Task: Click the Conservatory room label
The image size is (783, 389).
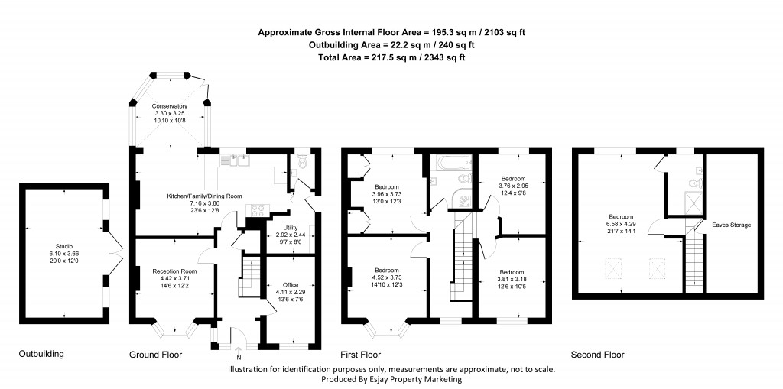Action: click(x=169, y=106)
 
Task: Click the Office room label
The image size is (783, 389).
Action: click(x=285, y=284)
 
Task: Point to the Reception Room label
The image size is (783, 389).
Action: click(x=174, y=271)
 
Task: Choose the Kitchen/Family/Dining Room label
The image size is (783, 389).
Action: click(x=204, y=196)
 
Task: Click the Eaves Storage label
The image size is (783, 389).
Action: click(x=731, y=225)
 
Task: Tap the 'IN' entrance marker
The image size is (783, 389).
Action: click(x=238, y=357)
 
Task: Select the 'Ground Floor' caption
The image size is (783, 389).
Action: click(x=155, y=355)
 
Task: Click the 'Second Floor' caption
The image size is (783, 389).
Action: click(x=598, y=355)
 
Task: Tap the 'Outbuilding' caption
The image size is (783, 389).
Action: click(x=41, y=355)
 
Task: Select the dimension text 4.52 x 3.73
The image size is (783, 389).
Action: click(x=387, y=277)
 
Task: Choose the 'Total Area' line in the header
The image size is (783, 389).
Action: click(x=392, y=57)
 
